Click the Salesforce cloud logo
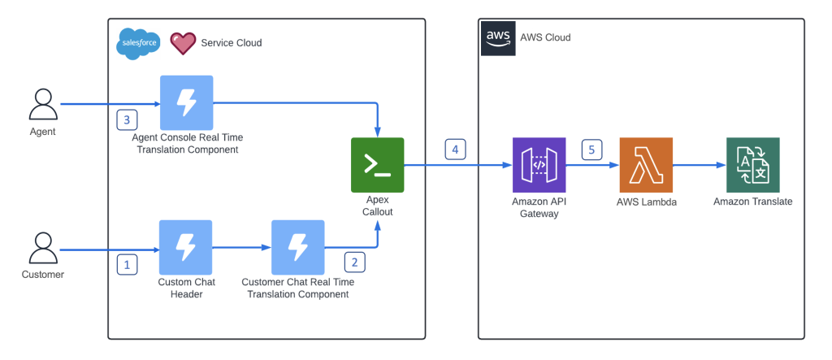pyautogui.click(x=137, y=43)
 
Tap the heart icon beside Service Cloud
pyautogui.click(x=183, y=43)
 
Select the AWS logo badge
pyautogui.click(x=497, y=38)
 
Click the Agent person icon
pyautogui.click(x=42, y=104)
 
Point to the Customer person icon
pyautogui.click(x=42, y=247)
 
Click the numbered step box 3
pyautogui.click(x=127, y=119)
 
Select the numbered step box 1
pyautogui.click(x=127, y=263)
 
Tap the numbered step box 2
pyautogui.click(x=354, y=262)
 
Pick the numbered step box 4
pyautogui.click(x=455, y=149)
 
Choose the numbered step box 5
pyautogui.click(x=592, y=150)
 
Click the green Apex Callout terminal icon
pyautogui.click(x=377, y=165)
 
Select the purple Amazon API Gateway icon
pyautogui.click(x=539, y=165)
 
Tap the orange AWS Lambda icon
pyautogui.click(x=646, y=165)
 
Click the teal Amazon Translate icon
pyautogui.click(x=752, y=165)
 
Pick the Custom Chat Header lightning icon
pyautogui.click(x=186, y=247)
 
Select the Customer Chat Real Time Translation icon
pyautogui.click(x=297, y=247)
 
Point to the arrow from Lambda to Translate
pyautogui.click(x=699, y=165)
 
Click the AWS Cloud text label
pyautogui.click(x=545, y=37)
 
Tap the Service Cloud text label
pyautogui.click(x=232, y=43)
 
